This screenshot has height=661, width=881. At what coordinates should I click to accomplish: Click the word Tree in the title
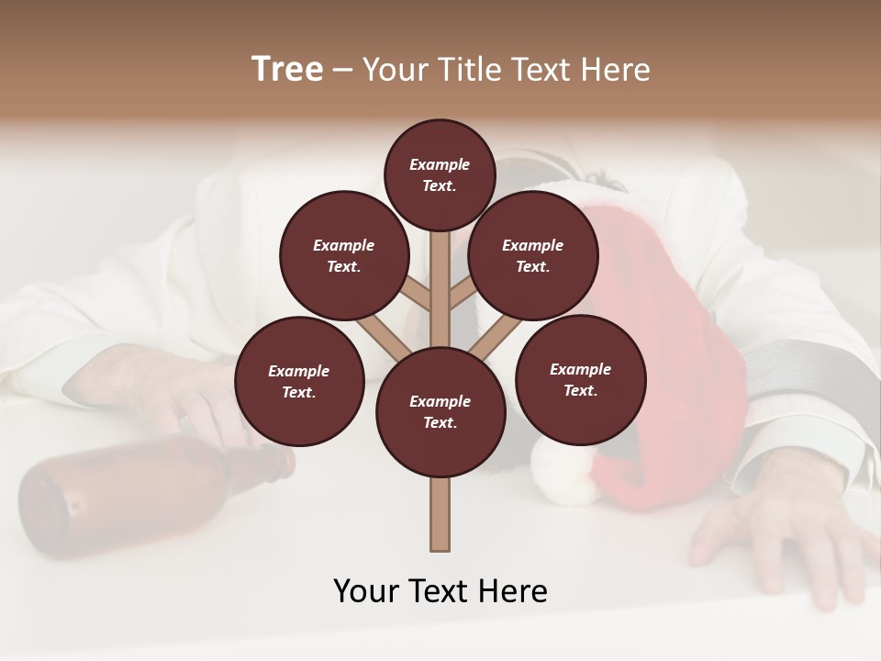point(287,70)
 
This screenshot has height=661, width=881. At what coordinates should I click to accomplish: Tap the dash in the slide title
point(343,71)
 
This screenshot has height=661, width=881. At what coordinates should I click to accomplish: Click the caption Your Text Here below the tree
point(440,591)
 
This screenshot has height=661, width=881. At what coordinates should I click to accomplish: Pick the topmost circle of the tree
point(440,174)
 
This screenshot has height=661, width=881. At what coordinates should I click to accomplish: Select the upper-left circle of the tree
point(344,256)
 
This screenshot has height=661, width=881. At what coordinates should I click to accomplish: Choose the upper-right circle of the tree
point(533,256)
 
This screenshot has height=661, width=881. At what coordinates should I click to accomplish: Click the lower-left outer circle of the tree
point(299,381)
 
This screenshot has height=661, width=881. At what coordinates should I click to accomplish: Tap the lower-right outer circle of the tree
point(581,379)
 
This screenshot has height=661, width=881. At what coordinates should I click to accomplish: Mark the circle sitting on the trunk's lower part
point(440,412)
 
